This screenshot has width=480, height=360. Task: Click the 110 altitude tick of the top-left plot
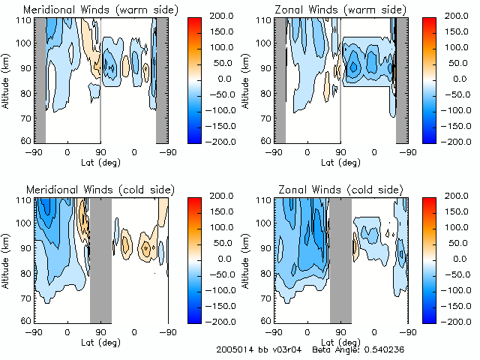coord(24,20)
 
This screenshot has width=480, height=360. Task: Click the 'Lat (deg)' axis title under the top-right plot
coord(340,161)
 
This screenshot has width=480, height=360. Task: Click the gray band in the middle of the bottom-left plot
coord(100,259)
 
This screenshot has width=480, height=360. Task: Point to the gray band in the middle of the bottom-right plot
coord(340,259)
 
